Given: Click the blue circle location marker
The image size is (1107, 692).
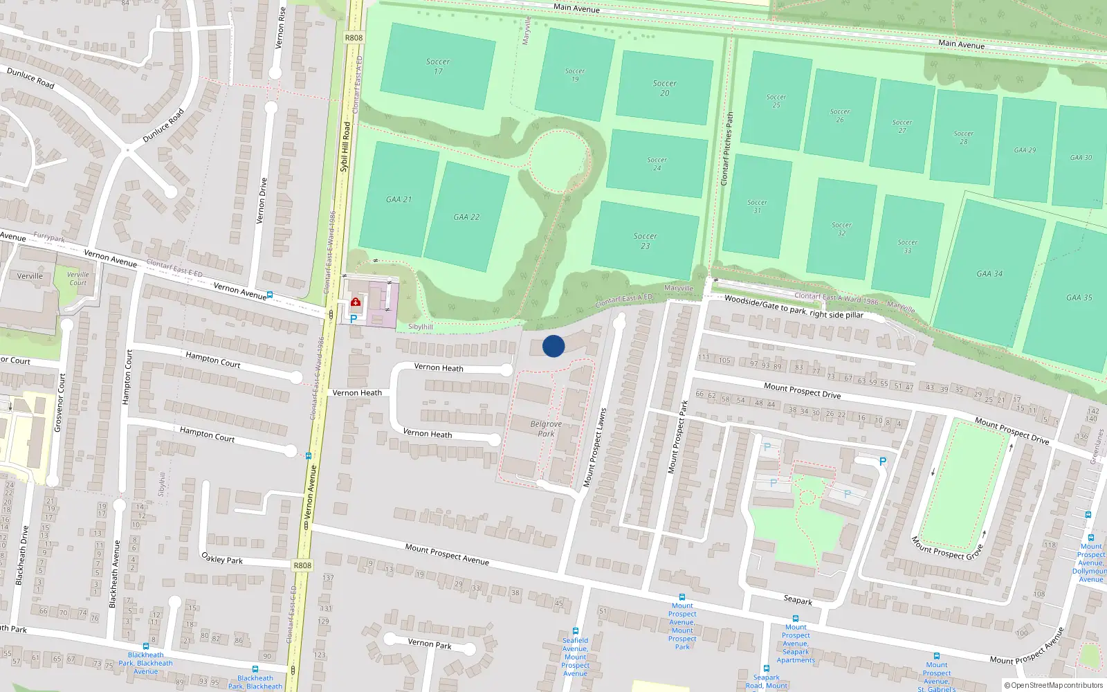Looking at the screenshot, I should tap(553, 346).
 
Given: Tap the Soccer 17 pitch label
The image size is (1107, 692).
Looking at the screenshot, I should tap(438, 66).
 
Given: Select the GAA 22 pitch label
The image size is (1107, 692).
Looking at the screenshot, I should tap(466, 217).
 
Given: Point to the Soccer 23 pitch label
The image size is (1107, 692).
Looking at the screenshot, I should tap(645, 241).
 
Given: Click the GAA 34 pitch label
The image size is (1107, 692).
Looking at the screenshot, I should tap(989, 274).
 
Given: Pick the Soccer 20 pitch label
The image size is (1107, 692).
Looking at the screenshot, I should tap(664, 88).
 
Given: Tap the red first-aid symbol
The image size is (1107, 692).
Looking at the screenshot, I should tap(356, 302).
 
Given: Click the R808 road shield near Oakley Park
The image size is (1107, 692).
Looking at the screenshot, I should tap(302, 565).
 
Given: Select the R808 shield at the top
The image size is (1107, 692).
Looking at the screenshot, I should tap(354, 38).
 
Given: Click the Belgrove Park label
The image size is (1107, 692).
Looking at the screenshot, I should tap(546, 429).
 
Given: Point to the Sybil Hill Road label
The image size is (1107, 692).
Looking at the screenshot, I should tap(345, 147).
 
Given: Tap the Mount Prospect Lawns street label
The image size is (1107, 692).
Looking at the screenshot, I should tap(594, 447).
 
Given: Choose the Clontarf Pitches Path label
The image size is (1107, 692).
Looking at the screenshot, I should tap(726, 149).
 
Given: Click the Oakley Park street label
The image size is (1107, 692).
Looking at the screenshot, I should tap(221, 558).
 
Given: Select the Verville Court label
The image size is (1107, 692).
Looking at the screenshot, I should tap(78, 278).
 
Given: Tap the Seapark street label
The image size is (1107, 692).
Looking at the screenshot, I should tap(798, 600).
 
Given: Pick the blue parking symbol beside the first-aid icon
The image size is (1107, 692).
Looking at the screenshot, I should tap(354, 319).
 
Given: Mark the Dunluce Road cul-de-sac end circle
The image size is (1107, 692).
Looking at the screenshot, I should tap(171, 192).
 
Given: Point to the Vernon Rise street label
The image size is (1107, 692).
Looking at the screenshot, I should tap(280, 28).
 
